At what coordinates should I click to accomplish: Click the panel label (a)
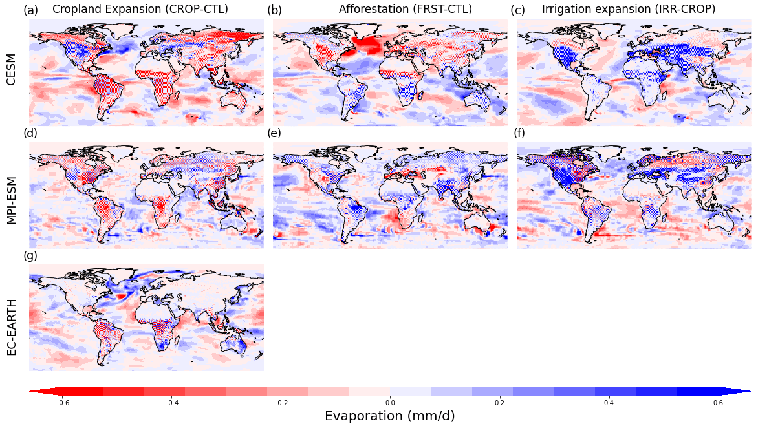pyautogui.click(x=30, y=10)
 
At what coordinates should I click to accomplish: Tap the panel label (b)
pyautogui.click(x=274, y=10)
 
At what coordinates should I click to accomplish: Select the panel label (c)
pyautogui.click(x=517, y=10)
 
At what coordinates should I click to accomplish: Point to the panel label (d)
pyautogui.click(x=30, y=133)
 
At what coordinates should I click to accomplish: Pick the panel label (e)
pyautogui.click(x=274, y=133)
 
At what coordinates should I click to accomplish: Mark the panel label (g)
pyautogui.click(x=30, y=255)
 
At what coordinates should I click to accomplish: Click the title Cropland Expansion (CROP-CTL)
pyautogui.click(x=140, y=9)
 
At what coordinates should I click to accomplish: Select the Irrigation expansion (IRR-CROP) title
pyautogui.click(x=629, y=9)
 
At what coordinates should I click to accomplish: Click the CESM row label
pyautogui.click(x=11, y=70)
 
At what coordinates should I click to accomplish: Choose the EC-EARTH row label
pyautogui.click(x=11, y=317)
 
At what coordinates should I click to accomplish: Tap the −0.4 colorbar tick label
pyautogui.click(x=171, y=402)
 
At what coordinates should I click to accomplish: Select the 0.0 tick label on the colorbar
pyautogui.click(x=390, y=402)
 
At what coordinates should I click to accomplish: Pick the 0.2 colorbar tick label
pyautogui.click(x=499, y=402)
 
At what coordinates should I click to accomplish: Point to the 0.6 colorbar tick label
pyautogui.click(x=719, y=402)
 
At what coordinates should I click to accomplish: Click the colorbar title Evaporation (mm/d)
pyautogui.click(x=389, y=416)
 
